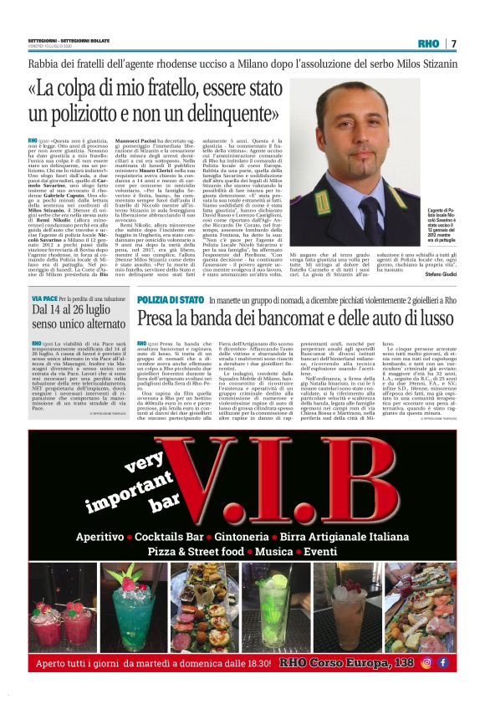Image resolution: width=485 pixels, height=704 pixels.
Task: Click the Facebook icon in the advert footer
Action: pos(443,662)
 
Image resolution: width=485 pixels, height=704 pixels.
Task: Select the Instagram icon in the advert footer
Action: pos(426,662)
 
